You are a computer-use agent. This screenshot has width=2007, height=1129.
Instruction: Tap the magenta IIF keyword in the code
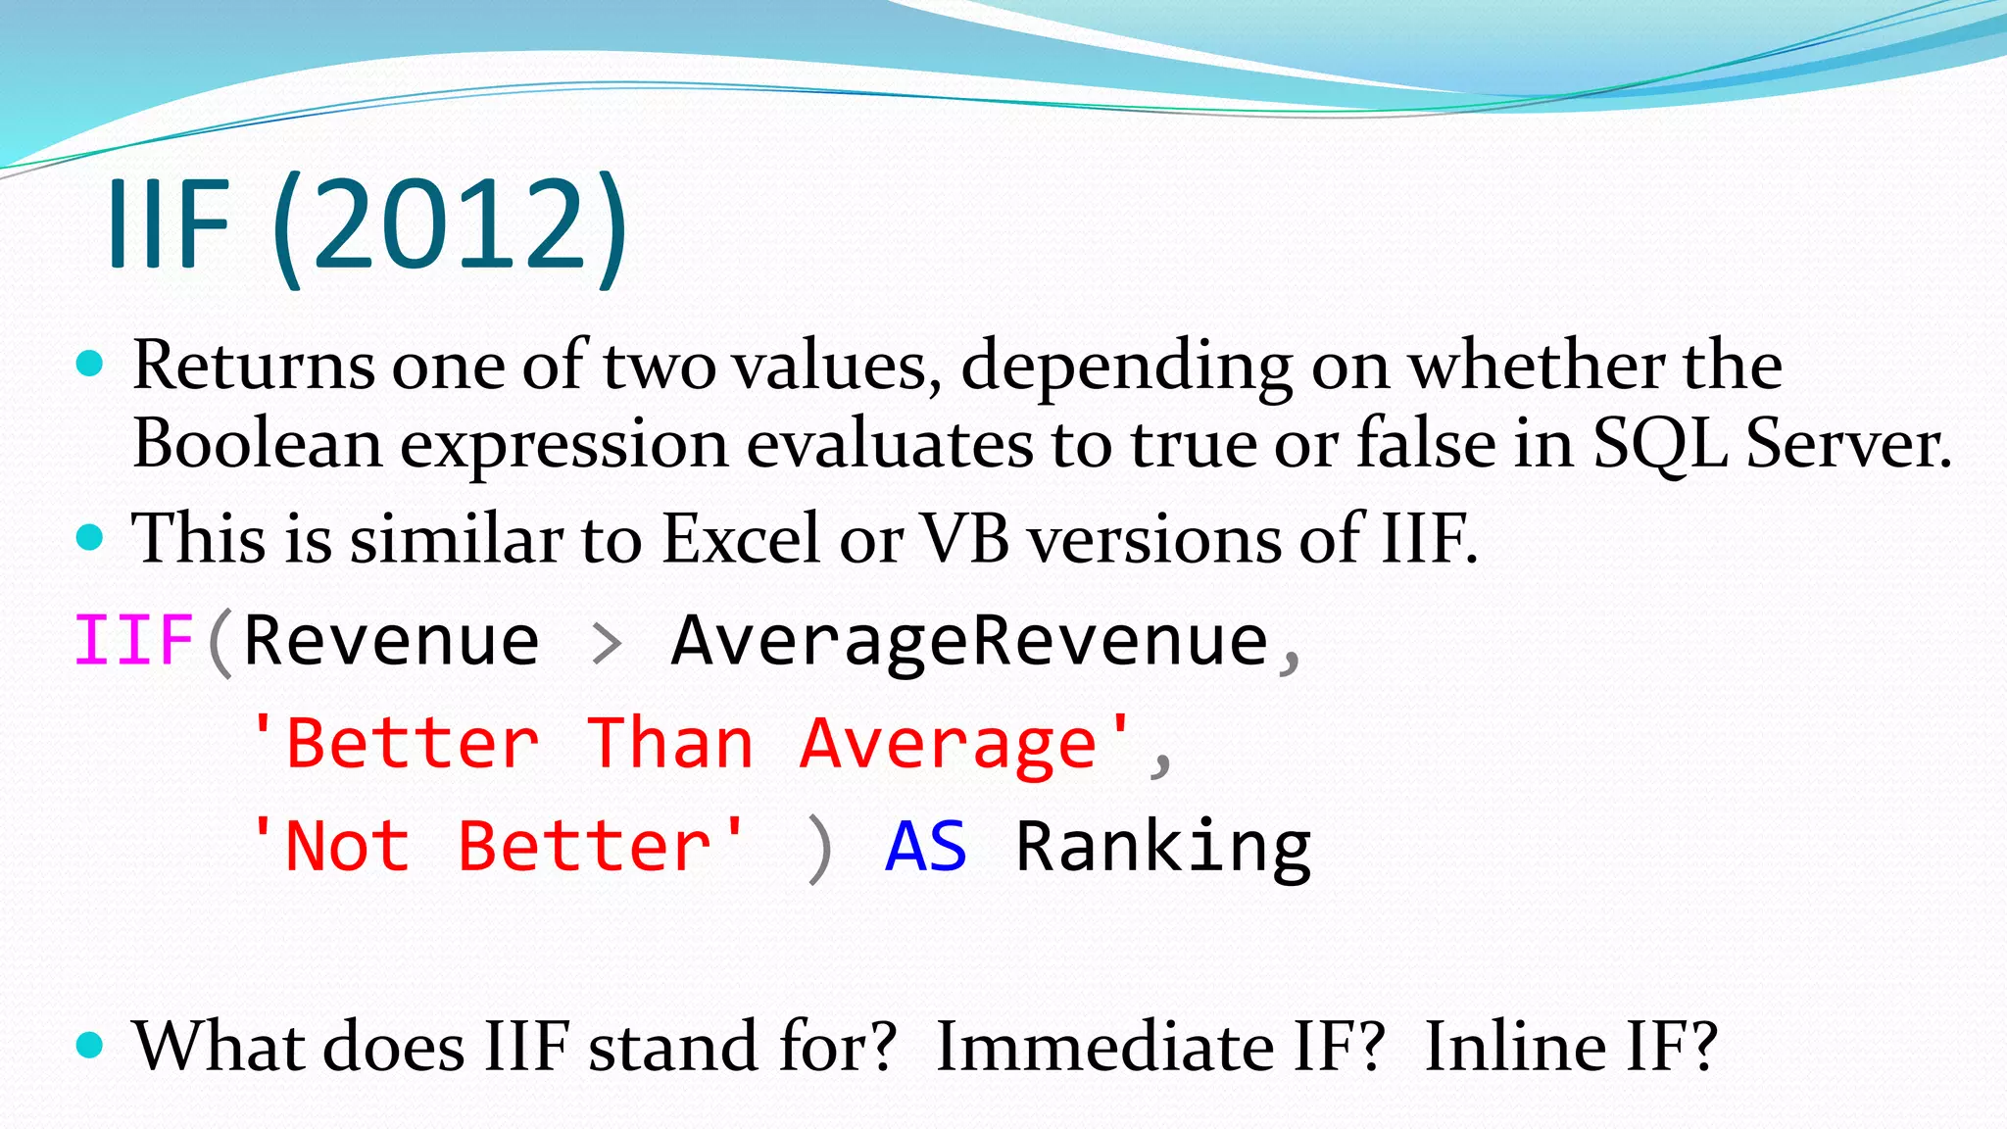[x=133, y=641]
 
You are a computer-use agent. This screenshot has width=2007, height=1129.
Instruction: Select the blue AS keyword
[x=926, y=847]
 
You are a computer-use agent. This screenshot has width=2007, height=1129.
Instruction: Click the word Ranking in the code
[x=1163, y=847]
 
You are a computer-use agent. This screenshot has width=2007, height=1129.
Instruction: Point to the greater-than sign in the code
[x=608, y=644]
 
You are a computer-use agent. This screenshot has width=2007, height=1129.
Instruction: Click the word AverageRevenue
[x=969, y=641]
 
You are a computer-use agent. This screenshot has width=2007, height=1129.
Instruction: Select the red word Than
[x=670, y=744]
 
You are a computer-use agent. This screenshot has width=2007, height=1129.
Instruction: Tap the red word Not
[x=347, y=847]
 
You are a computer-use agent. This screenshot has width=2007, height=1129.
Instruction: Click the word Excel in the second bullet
[x=741, y=539]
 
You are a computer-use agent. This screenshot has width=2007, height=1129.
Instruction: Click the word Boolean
[x=257, y=444]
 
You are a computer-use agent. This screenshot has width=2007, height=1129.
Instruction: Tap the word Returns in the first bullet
[x=253, y=366]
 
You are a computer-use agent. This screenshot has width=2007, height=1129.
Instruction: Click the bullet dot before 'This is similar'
[x=89, y=537]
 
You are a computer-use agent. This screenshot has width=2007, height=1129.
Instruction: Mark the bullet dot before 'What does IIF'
[x=89, y=1045]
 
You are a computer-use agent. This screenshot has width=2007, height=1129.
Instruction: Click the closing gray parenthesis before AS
[x=819, y=849]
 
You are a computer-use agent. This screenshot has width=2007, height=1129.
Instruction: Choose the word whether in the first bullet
[x=1536, y=366]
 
